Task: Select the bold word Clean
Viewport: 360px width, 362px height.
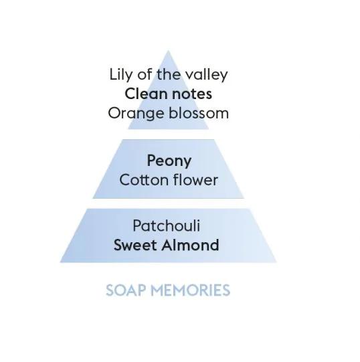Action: point(146,94)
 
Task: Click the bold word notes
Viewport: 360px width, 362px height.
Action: point(192,94)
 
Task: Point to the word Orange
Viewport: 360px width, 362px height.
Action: point(137,114)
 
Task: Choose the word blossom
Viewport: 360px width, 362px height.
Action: point(199,113)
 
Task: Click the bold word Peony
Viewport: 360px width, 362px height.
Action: point(169,161)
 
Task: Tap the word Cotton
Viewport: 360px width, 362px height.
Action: point(145,180)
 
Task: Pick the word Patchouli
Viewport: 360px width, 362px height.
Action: point(166,225)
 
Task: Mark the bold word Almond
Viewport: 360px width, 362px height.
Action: point(190,245)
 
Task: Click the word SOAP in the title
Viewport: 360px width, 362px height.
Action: point(126,290)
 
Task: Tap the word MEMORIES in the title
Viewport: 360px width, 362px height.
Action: point(191,290)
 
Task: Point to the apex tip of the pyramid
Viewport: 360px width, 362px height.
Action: point(168,51)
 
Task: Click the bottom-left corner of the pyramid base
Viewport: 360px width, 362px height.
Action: point(60,262)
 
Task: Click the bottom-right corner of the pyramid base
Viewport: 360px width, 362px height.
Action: point(276,262)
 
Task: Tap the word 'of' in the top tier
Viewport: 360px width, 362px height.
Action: point(145,74)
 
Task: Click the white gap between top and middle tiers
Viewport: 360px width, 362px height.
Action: point(168,134)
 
